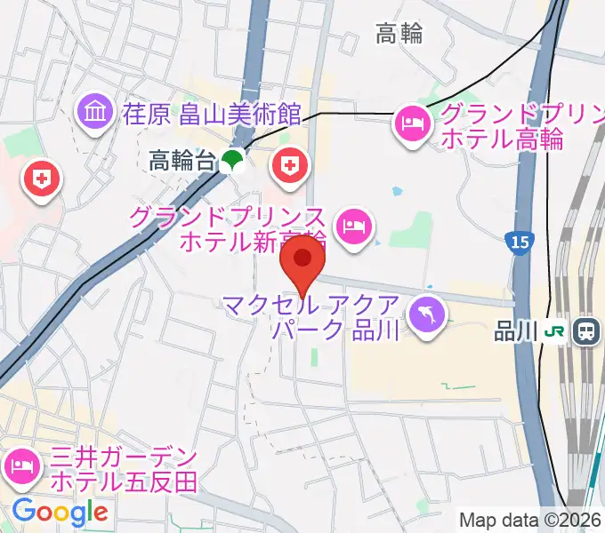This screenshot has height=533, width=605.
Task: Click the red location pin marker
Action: click(302, 260)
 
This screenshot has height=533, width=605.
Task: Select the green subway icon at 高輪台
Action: click(232, 161)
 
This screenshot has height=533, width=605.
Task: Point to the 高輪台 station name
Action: click(181, 161)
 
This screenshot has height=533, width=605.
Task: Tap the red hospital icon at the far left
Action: click(40, 180)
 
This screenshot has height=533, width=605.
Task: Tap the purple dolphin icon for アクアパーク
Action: click(428, 314)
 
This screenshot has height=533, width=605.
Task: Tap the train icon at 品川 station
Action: click(586, 331)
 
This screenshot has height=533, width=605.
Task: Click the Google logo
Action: click(60, 511)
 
